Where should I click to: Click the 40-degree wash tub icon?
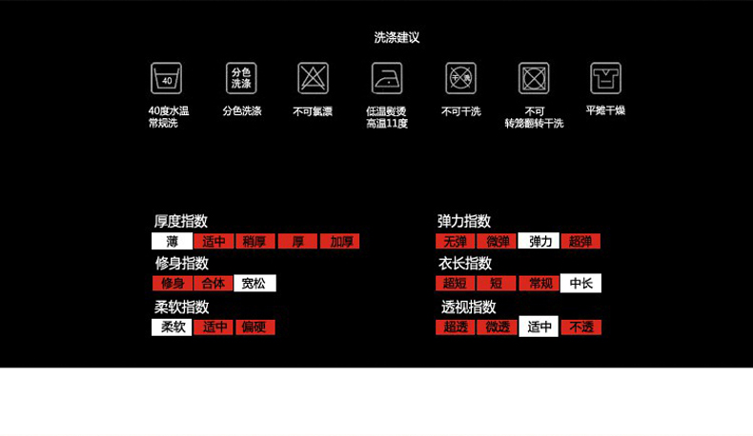click(x=166, y=78)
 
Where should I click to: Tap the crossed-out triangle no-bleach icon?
click(x=313, y=78)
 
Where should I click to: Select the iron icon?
click(x=387, y=78)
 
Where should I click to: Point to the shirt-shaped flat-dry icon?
click(x=605, y=78)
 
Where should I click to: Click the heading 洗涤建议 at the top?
click(x=397, y=38)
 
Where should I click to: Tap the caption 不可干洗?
click(x=460, y=111)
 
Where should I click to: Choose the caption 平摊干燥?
click(x=605, y=110)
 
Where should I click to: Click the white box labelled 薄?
click(x=172, y=242)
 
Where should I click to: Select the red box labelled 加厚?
click(x=340, y=242)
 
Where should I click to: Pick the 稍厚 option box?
click(x=255, y=242)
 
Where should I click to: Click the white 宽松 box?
click(x=254, y=284)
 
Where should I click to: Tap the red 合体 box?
click(x=214, y=284)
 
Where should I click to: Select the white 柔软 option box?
click(x=172, y=327)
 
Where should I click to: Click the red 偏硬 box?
click(x=254, y=327)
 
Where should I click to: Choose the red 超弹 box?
click(x=580, y=242)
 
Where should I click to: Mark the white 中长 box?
click(x=580, y=284)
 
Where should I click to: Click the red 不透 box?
click(x=580, y=327)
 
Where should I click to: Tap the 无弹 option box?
click(x=456, y=242)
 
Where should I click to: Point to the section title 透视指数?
click(x=468, y=307)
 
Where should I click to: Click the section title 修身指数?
click(x=182, y=264)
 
